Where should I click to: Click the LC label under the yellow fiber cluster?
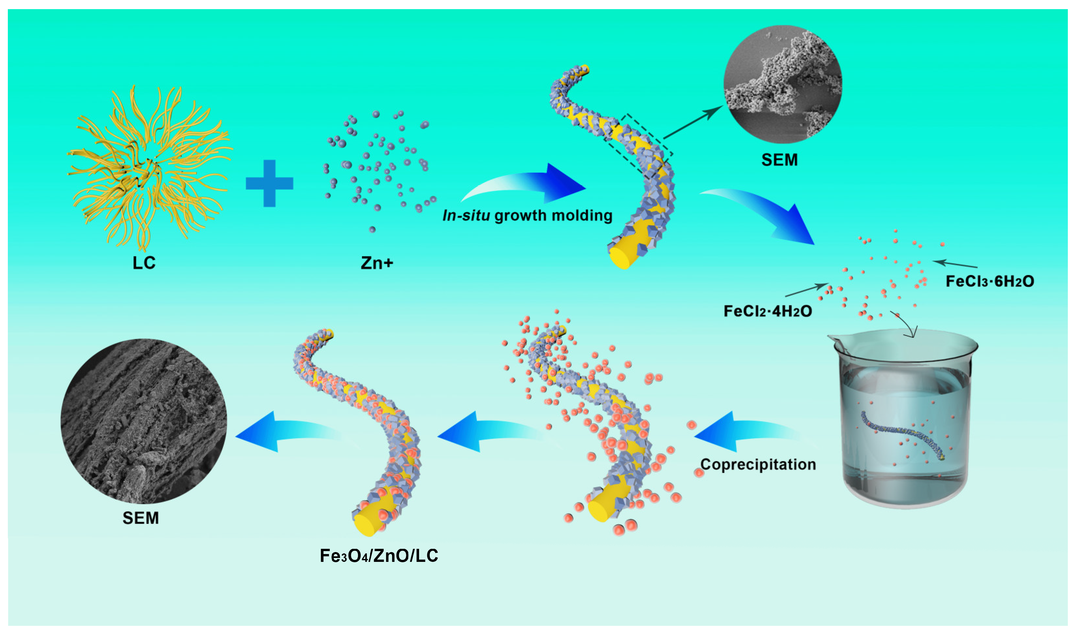coord(144,263)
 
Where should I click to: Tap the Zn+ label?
coord(377,263)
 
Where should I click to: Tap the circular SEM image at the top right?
coord(782,84)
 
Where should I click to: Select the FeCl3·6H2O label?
coord(989,281)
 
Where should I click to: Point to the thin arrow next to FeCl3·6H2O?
coord(955,264)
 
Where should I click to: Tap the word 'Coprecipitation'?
coord(758,464)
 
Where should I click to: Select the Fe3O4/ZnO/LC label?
coord(379,556)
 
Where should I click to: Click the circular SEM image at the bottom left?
coord(144,421)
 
